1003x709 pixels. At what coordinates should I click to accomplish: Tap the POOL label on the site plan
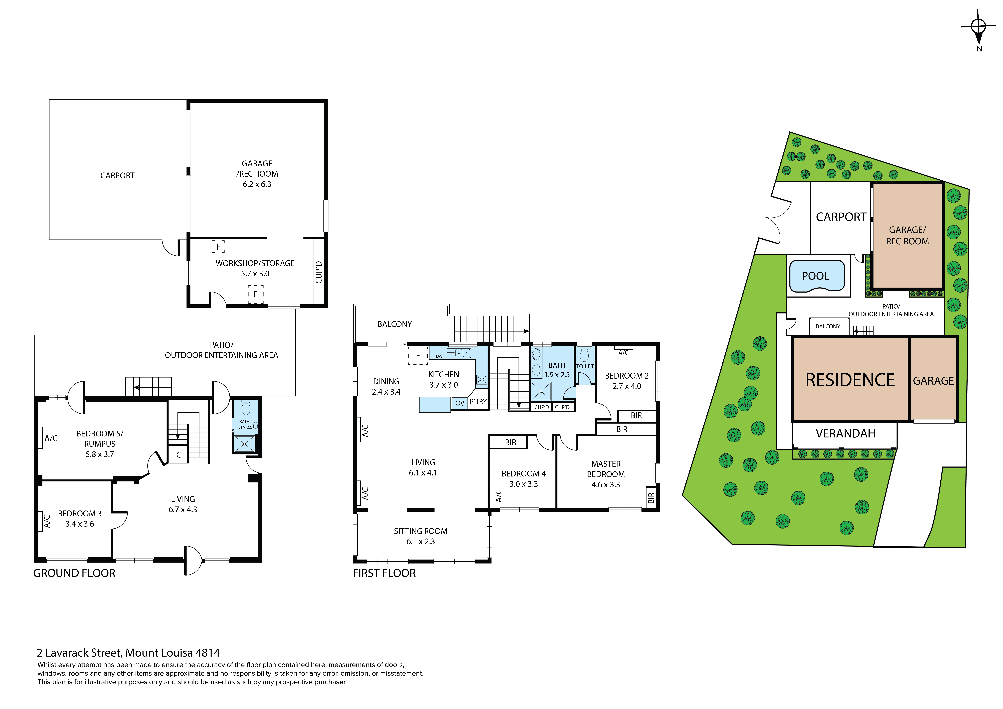click(x=815, y=276)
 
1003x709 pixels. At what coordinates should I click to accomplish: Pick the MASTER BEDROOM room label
click(x=606, y=469)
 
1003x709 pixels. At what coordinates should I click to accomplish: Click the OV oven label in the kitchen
click(x=460, y=403)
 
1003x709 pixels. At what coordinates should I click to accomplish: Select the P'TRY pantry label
click(x=478, y=402)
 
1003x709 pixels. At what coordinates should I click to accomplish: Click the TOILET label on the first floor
click(x=585, y=366)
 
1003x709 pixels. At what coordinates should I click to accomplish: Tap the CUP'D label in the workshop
click(x=319, y=272)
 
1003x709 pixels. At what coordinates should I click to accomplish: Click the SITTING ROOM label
click(x=421, y=531)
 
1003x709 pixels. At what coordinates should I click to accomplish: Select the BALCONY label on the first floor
click(x=395, y=324)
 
